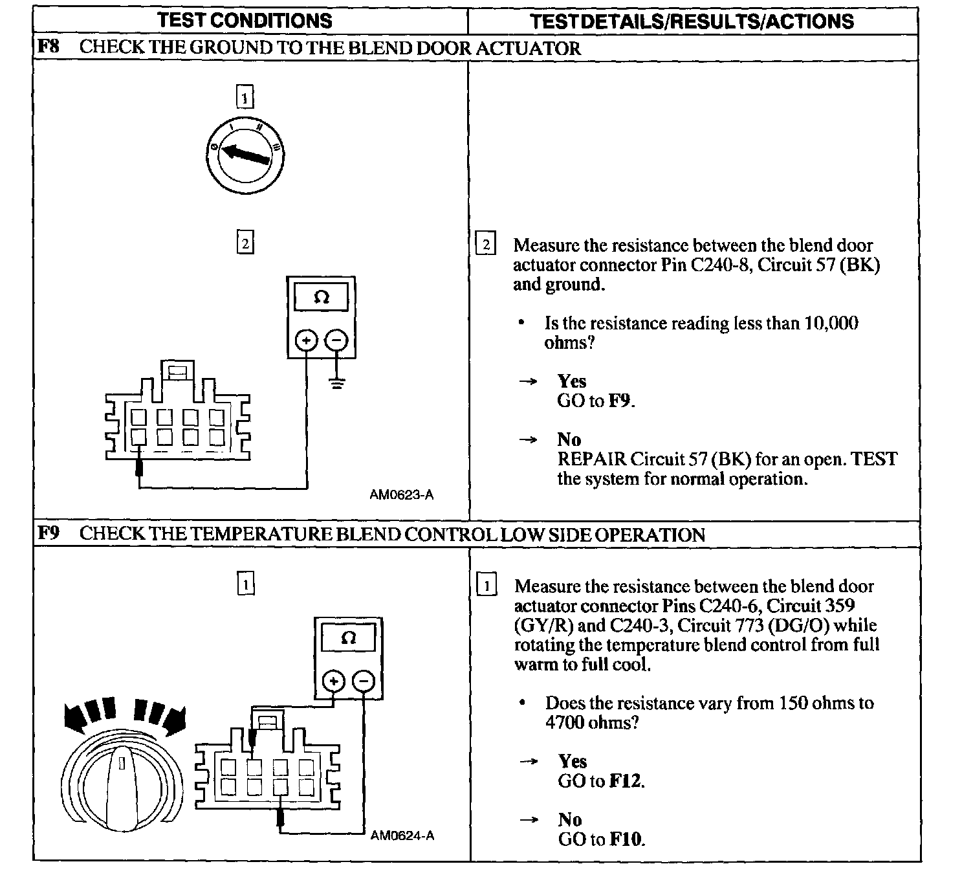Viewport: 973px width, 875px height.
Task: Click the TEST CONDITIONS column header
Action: point(245,21)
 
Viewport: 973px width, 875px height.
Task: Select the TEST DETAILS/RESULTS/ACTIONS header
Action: point(692,21)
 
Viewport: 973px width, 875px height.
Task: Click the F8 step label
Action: point(49,47)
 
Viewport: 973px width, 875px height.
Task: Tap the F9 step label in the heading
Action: point(49,534)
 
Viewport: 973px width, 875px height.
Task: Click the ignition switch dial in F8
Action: point(245,155)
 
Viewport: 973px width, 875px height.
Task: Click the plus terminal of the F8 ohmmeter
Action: point(307,340)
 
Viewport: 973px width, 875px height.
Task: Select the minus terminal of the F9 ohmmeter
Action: point(364,681)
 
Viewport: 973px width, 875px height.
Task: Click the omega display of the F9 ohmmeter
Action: point(348,637)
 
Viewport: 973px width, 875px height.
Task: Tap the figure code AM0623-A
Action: point(401,495)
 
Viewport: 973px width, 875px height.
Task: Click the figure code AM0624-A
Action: point(402,836)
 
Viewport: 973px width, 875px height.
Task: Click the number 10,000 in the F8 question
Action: point(831,323)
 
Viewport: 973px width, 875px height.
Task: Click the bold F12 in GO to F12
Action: point(626,781)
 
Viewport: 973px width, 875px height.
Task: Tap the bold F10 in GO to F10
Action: point(626,839)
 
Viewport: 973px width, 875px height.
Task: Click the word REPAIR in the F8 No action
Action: point(591,460)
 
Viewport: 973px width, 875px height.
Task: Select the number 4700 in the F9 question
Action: point(565,722)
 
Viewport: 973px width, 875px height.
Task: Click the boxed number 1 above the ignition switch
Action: point(245,98)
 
